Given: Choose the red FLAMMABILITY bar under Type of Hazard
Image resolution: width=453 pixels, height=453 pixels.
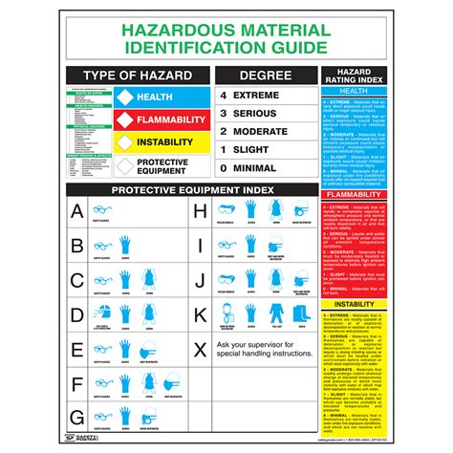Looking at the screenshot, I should [x=166, y=119].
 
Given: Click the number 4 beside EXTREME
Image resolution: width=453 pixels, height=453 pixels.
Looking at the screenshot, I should [x=223, y=97].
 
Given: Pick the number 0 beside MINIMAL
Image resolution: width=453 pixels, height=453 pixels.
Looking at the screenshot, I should [x=223, y=167].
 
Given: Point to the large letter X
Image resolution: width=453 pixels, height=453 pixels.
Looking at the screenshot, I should [x=201, y=347].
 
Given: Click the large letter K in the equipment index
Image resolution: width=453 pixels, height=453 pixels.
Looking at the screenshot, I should [x=201, y=313].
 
